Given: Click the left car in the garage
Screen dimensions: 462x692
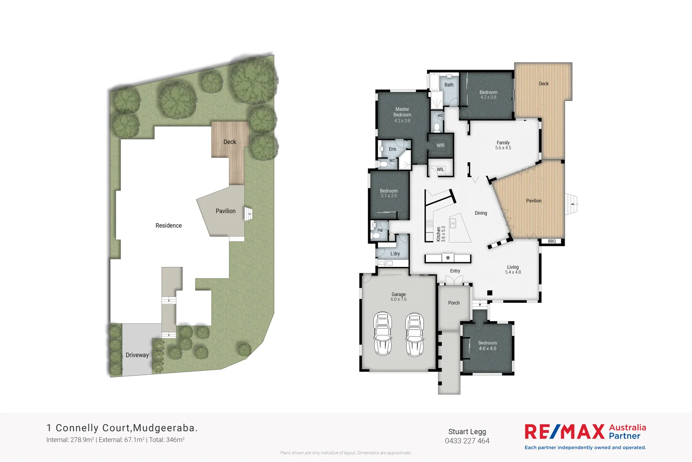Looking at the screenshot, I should pyautogui.click(x=383, y=334).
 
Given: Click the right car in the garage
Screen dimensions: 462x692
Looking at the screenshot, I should pyautogui.click(x=414, y=334).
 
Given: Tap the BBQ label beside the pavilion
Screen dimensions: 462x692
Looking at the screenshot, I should pyautogui.click(x=552, y=241).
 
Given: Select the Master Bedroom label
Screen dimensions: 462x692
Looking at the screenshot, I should pyautogui.click(x=402, y=112).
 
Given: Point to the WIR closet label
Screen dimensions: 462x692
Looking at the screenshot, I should pyautogui.click(x=440, y=145).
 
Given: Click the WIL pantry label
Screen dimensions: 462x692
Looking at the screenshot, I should pyautogui.click(x=440, y=169).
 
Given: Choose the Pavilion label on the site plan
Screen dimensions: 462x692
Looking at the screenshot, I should pyautogui.click(x=226, y=211).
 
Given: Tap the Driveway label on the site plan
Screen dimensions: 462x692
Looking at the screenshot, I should pyautogui.click(x=137, y=355).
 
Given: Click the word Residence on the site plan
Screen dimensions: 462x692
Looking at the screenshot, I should pyautogui.click(x=169, y=225).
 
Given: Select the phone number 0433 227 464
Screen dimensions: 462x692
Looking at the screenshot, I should pyautogui.click(x=467, y=441).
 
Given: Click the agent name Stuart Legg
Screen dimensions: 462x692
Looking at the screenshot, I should pyautogui.click(x=467, y=432).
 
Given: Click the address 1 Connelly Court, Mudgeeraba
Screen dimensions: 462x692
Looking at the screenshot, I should pyautogui.click(x=122, y=428).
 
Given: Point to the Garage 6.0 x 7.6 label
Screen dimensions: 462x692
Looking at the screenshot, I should pyautogui.click(x=399, y=296).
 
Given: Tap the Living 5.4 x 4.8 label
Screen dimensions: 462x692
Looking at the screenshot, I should pyautogui.click(x=513, y=269).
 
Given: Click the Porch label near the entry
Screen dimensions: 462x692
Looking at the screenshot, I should pyautogui.click(x=454, y=303).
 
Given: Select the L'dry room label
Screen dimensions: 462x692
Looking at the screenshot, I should pyautogui.click(x=395, y=254).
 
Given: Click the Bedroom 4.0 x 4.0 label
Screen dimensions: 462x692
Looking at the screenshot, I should pyautogui.click(x=487, y=346).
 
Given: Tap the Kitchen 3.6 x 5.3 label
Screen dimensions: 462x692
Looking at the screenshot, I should pyautogui.click(x=441, y=234).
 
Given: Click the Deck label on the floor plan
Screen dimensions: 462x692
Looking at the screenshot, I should pyautogui.click(x=544, y=84).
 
